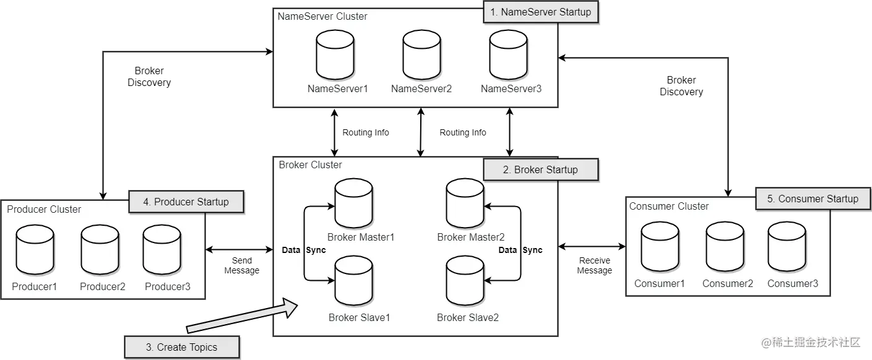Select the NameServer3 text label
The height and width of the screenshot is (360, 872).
[x=511, y=89]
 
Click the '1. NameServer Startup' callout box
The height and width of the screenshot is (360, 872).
[x=540, y=12]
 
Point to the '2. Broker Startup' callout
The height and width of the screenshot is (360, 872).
[x=540, y=170]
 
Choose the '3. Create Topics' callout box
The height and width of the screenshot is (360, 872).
[x=181, y=347]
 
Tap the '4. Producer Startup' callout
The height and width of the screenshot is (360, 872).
[x=186, y=202]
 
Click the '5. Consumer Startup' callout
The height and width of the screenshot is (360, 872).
[x=813, y=199]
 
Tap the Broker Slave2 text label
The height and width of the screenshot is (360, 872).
[x=467, y=318]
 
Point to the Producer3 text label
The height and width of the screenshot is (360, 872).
[x=167, y=287]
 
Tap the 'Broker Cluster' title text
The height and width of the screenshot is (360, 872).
[x=310, y=165]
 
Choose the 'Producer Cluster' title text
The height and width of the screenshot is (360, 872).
[x=44, y=210]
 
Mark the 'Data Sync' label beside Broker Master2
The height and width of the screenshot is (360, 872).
[x=520, y=251]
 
